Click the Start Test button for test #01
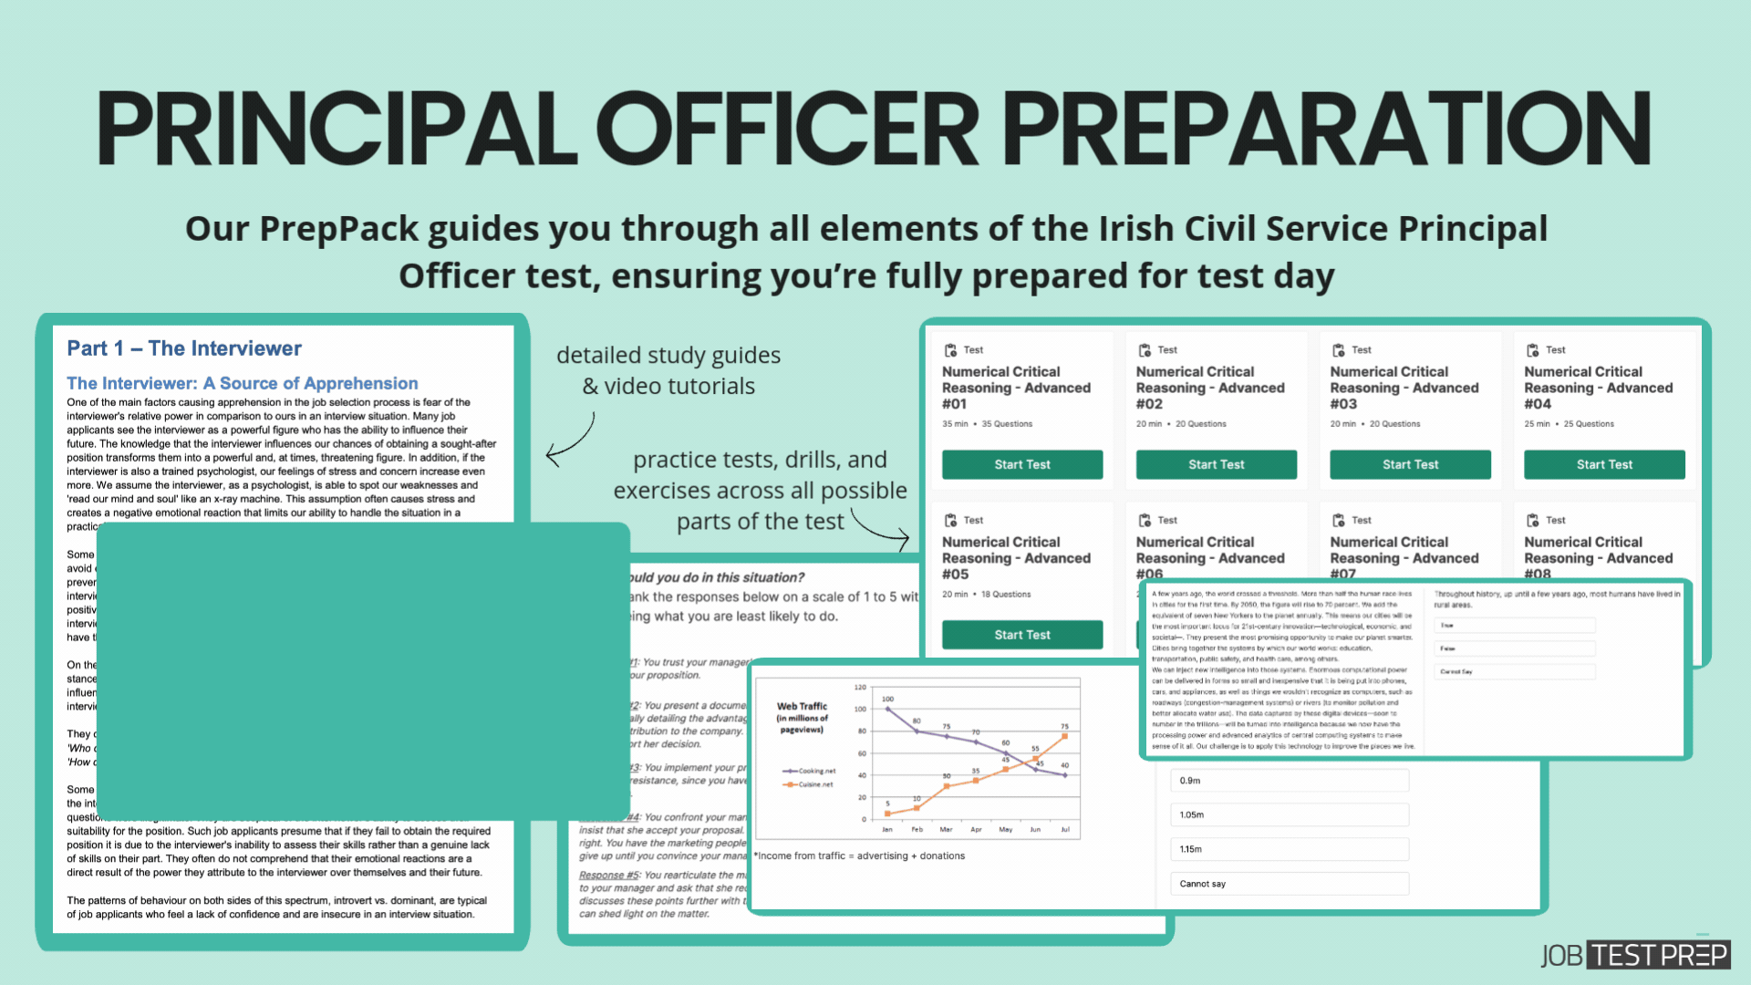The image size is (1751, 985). pos(1021,464)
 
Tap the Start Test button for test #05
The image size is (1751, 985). pos(1021,635)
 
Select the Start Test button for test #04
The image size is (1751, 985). pos(1603,464)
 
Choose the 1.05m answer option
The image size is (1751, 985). pos(1289,814)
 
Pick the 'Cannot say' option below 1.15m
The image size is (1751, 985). pos(1289,884)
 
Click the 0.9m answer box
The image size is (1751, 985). pos(1289,781)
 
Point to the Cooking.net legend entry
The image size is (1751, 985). pos(809,771)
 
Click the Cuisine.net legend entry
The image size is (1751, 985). pos(809,784)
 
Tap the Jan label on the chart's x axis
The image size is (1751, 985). pos(887,830)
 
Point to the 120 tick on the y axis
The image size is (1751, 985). pos(860,687)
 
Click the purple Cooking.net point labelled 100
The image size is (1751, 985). pos(887,709)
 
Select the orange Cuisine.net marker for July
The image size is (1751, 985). pos(1064,736)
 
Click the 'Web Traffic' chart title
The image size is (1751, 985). pos(802,706)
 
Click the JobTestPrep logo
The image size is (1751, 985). pos(1634,955)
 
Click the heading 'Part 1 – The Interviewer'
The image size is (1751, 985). pos(184,348)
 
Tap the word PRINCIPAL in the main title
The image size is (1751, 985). pos(337,130)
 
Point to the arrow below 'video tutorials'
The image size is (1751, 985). pos(571,440)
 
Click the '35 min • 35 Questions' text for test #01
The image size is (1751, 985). pos(987,424)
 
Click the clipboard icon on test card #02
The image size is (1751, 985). pos(1145,350)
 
